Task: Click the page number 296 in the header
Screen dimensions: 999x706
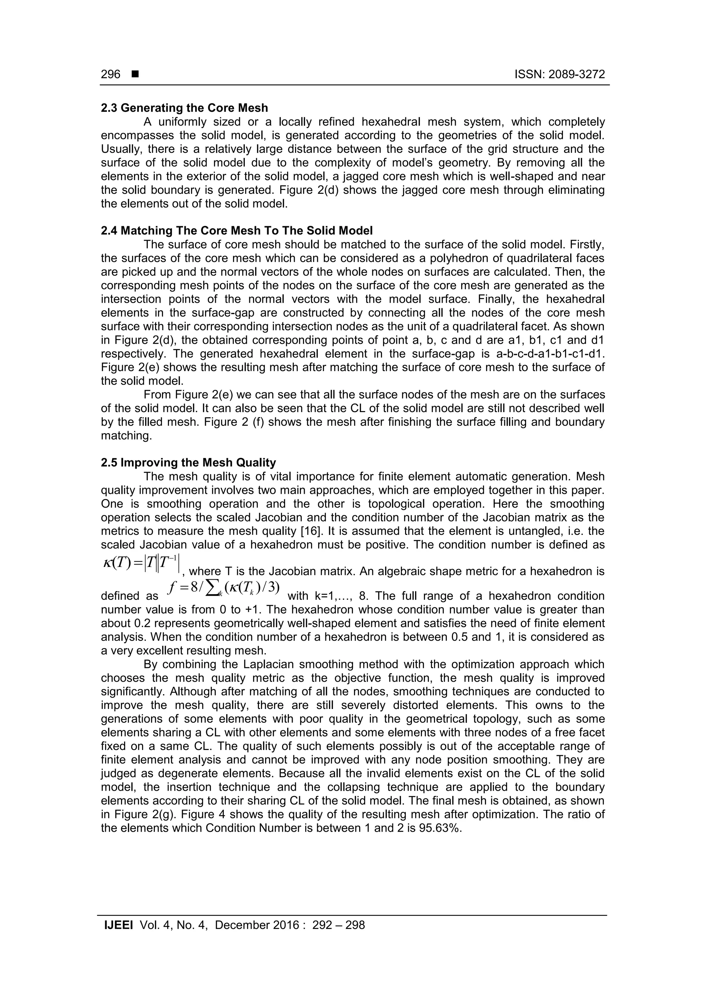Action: coord(111,74)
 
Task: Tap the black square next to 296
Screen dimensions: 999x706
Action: coord(135,74)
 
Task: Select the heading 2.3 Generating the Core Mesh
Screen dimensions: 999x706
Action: coord(184,108)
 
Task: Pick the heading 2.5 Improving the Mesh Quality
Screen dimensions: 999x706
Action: coord(188,462)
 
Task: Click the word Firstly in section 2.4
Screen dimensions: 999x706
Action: coord(583,244)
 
